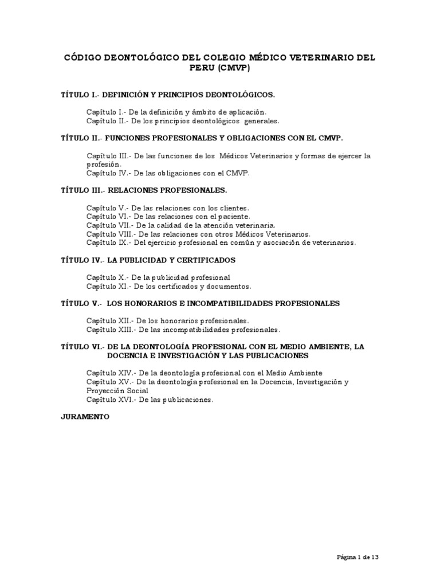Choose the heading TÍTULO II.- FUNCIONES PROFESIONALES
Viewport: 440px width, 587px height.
pyautogui.click(x=202, y=138)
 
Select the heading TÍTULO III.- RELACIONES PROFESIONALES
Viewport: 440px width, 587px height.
pyautogui.click(x=144, y=190)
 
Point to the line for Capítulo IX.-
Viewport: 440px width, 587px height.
pyautogui.click(x=221, y=242)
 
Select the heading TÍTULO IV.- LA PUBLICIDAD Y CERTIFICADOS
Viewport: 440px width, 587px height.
pyautogui.click(x=148, y=260)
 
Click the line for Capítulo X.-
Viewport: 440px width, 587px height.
pyautogui.click(x=158, y=277)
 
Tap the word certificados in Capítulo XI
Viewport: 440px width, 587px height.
pyautogui.click(x=179, y=286)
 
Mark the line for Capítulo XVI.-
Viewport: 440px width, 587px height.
pyautogui.click(x=150, y=400)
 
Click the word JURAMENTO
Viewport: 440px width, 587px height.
pyautogui.click(x=85, y=417)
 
